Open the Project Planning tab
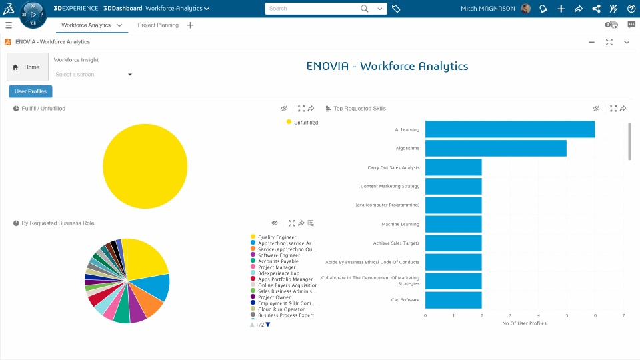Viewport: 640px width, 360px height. point(158,25)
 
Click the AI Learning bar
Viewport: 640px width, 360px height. point(509,129)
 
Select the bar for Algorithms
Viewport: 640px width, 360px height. point(495,148)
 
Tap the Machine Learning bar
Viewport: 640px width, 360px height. point(453,224)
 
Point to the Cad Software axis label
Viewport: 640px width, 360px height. point(405,300)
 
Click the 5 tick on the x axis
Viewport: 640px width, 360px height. point(567,315)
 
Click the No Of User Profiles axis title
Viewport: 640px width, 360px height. point(524,323)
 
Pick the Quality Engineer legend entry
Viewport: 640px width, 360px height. point(277,237)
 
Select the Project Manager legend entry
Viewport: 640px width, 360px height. point(276,267)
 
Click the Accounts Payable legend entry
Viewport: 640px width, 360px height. point(279,261)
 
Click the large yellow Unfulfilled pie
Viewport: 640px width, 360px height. point(145,166)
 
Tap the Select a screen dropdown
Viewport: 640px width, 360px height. point(93,75)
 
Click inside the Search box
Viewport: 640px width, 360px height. point(313,9)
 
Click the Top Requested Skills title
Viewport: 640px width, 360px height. point(359,109)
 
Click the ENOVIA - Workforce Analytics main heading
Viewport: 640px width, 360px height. point(387,67)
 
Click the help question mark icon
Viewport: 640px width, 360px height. point(631,9)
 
